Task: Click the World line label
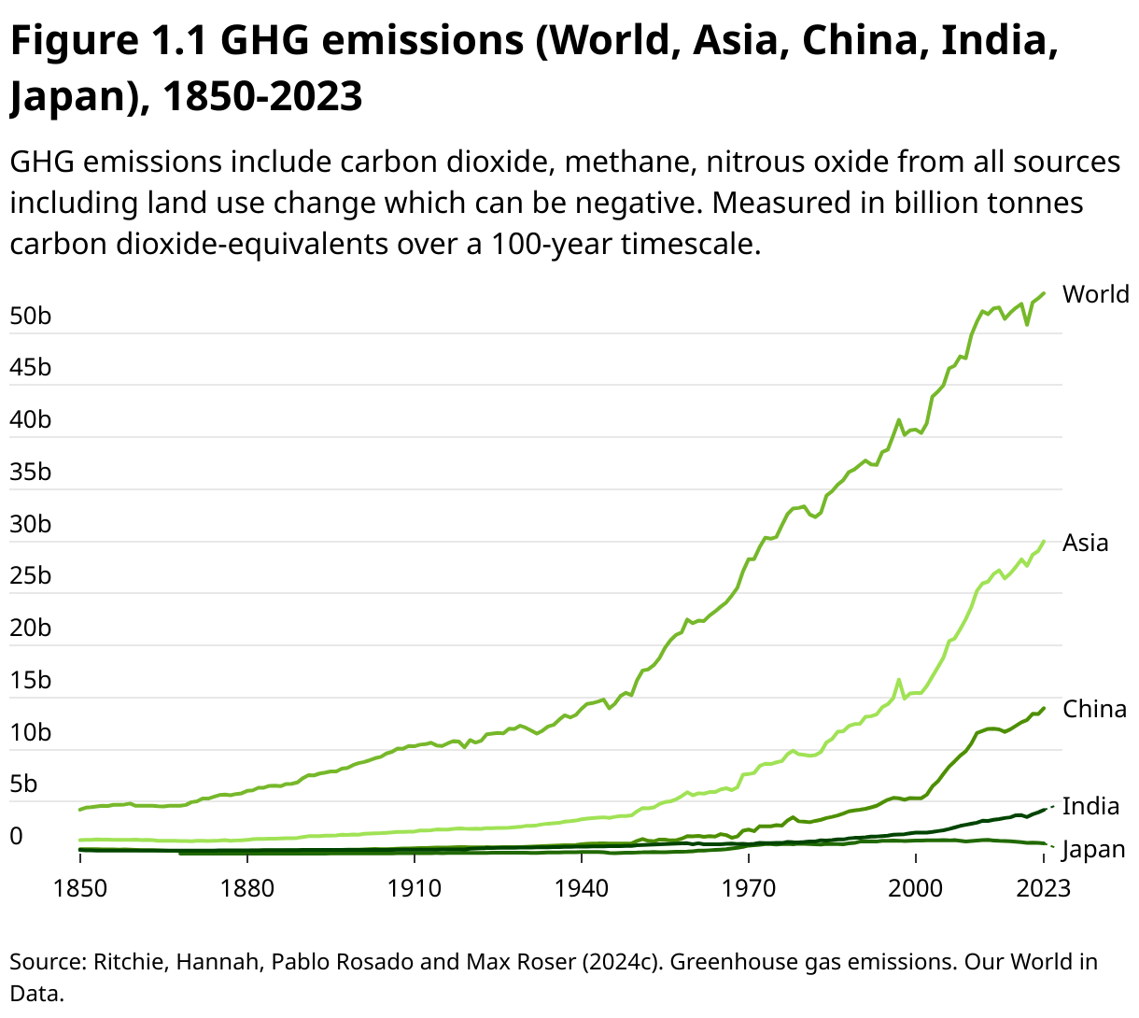(x=1095, y=294)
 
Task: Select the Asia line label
(x=1085, y=543)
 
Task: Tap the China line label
(x=1094, y=709)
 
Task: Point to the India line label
(x=1090, y=806)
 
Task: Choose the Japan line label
(x=1093, y=849)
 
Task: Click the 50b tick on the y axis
(x=31, y=317)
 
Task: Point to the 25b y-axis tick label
(x=31, y=576)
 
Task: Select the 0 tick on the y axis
(x=16, y=837)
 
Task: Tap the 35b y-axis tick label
(x=31, y=473)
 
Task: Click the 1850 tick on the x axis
(x=80, y=887)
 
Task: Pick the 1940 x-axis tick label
(x=581, y=887)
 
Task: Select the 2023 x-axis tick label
(x=1043, y=887)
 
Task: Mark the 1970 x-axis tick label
(x=748, y=887)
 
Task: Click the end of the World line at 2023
(x=1044, y=292)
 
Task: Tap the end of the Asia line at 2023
(x=1044, y=541)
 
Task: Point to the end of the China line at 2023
(x=1044, y=708)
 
